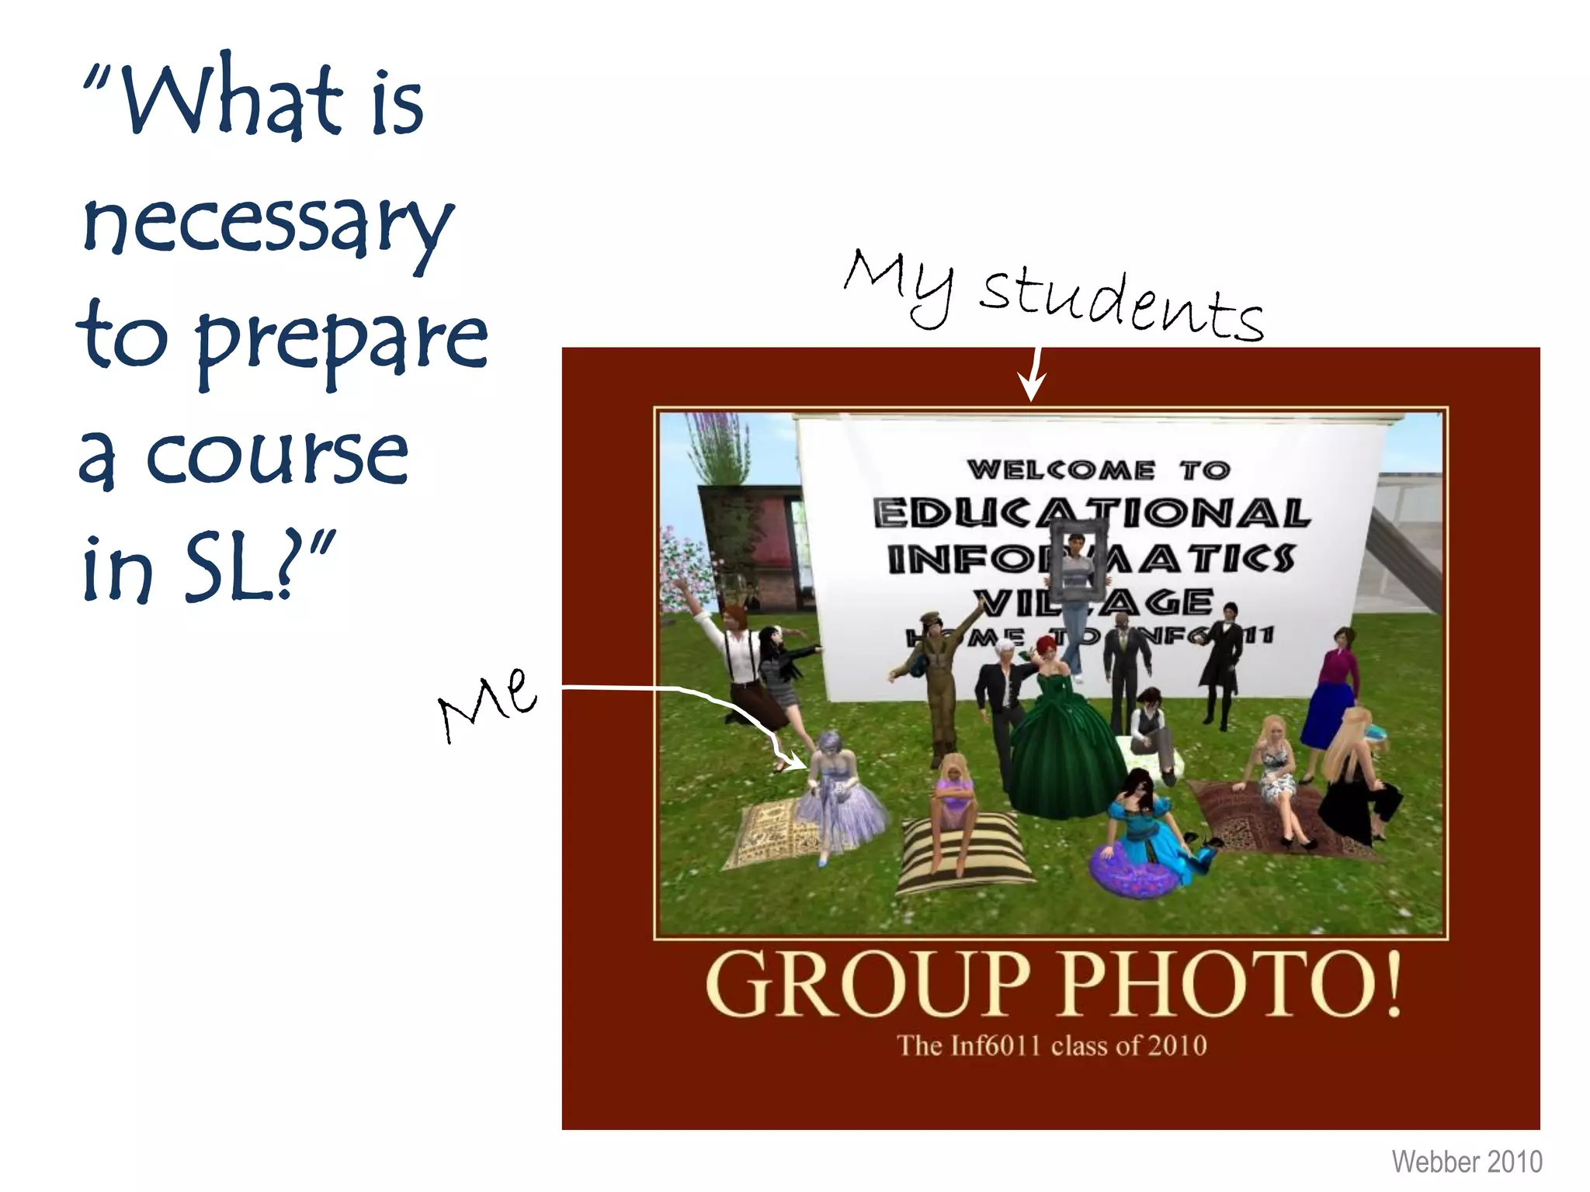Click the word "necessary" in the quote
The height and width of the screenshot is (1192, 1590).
pyautogui.click(x=267, y=225)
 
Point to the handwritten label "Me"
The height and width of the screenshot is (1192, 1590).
pyautogui.click(x=488, y=703)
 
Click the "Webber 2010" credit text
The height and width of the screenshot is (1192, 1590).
pyautogui.click(x=1467, y=1162)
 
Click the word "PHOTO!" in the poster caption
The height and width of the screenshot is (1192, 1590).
pyautogui.click(x=1231, y=985)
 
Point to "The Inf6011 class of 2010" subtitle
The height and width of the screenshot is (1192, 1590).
pyautogui.click(x=1052, y=1046)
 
